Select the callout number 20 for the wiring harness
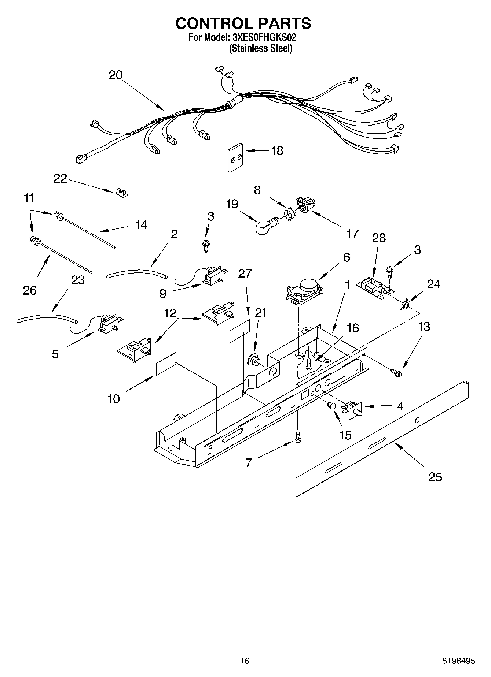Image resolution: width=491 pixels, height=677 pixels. click(x=116, y=75)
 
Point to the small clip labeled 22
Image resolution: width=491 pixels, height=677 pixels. click(x=121, y=193)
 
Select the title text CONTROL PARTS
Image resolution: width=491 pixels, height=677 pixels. click(x=243, y=23)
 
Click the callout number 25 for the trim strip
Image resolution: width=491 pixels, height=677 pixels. click(x=435, y=477)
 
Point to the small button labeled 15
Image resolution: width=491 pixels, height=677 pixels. click(x=331, y=405)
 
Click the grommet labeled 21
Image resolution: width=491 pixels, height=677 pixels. click(x=252, y=360)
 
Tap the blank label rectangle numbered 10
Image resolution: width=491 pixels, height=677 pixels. click(x=166, y=364)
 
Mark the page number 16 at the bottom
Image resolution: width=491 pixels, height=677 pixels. click(x=245, y=661)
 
